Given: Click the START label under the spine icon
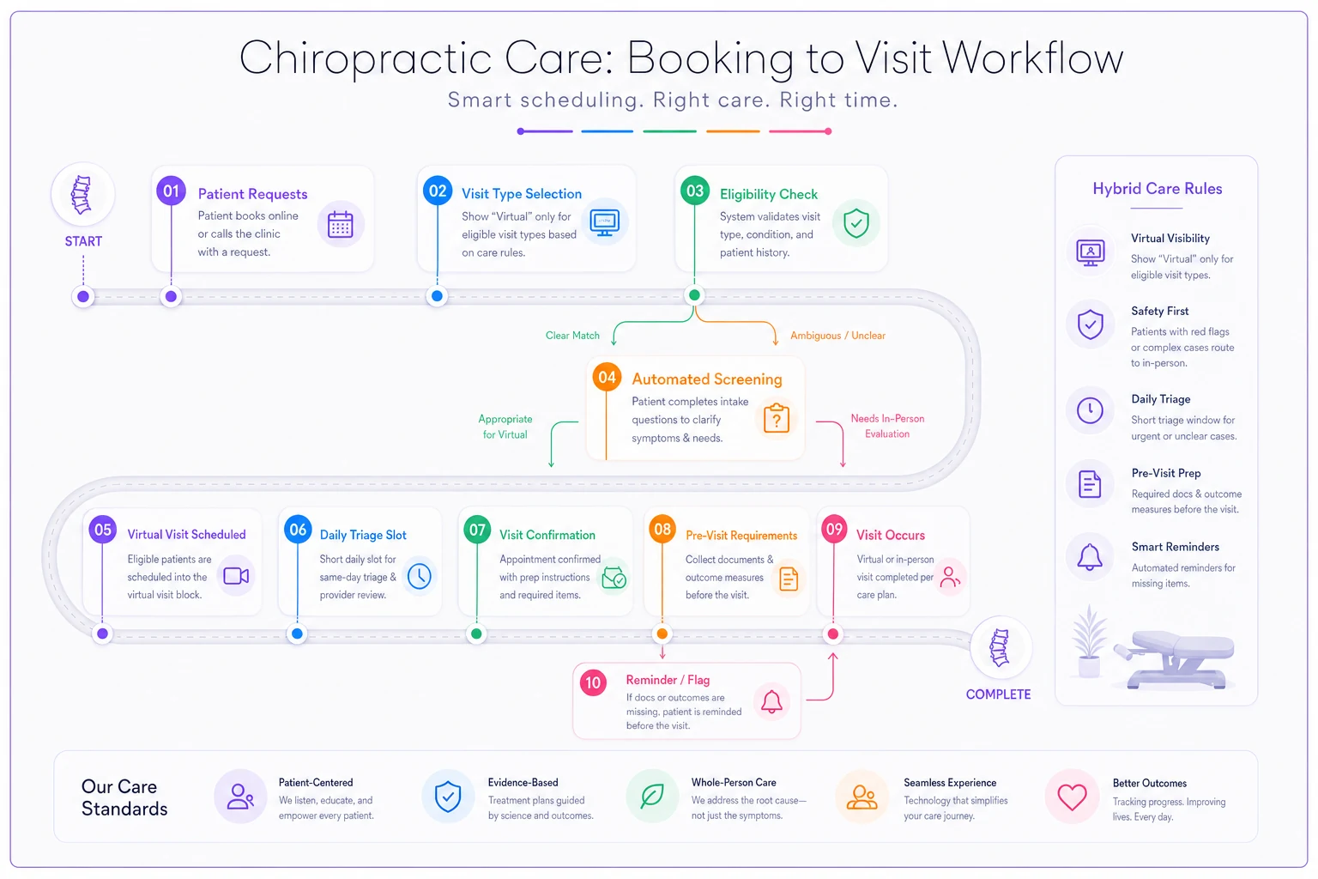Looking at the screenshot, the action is [x=83, y=241].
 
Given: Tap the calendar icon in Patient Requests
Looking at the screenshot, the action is [x=340, y=224].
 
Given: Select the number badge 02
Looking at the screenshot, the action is [x=437, y=191].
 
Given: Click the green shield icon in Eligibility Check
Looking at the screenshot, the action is [x=855, y=222].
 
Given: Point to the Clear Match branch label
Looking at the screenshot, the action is [x=572, y=335].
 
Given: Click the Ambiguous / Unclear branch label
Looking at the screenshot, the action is [x=837, y=335].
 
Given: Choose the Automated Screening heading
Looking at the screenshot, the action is [x=707, y=379].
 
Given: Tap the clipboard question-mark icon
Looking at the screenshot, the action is [x=776, y=418].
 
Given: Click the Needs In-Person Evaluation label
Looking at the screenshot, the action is [x=887, y=426].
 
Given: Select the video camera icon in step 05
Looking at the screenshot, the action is [x=236, y=576].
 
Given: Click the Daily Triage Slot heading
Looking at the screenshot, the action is [x=363, y=535].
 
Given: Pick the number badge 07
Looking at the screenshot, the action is [x=477, y=530].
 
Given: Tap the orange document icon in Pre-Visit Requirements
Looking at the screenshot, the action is [x=788, y=579].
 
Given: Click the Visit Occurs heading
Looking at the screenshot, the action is [x=890, y=535].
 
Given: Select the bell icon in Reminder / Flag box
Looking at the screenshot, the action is [x=771, y=701].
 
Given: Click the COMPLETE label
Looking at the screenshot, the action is [x=998, y=694].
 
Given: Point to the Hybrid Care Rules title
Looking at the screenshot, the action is [x=1157, y=188].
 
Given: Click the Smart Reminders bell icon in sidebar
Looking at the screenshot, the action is [x=1089, y=557].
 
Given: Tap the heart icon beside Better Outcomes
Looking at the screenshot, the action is [x=1072, y=797].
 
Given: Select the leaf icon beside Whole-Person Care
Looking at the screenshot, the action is [x=652, y=796].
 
